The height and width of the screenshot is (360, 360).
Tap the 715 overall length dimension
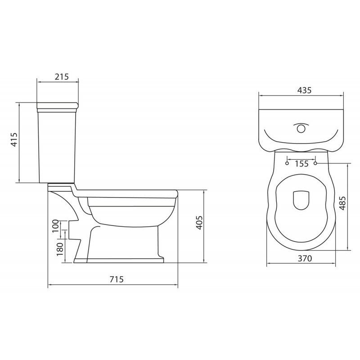pos(116,279)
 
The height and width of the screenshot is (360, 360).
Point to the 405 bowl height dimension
pos(200,223)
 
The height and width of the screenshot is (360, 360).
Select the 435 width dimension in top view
pos(304,90)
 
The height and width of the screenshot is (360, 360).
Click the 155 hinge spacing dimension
pos(301,164)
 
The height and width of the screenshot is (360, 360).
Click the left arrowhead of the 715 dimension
pos(49,285)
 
